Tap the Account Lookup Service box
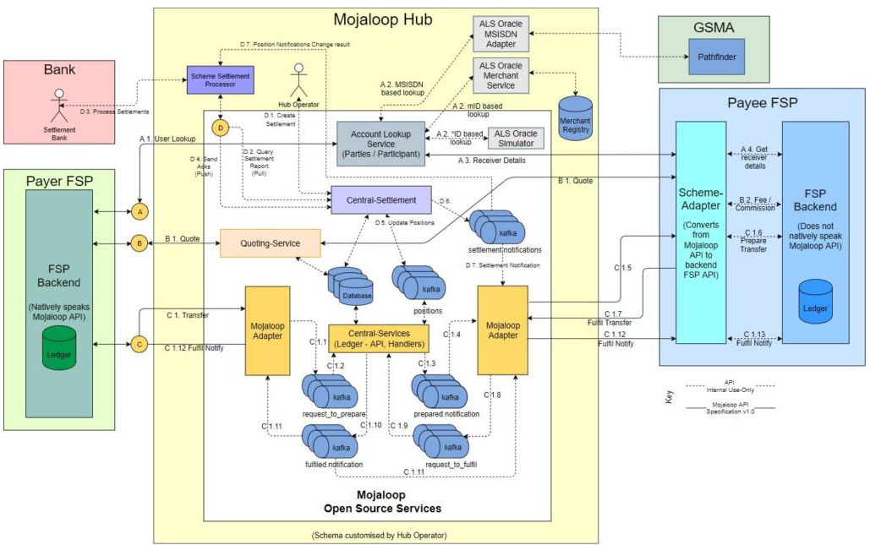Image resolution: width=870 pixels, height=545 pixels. point(380,144)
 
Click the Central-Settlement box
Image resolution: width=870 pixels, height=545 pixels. point(380,200)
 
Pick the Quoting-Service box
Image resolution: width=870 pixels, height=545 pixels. point(271,243)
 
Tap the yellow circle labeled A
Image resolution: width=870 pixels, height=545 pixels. point(137,210)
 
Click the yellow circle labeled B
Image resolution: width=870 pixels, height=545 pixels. point(137,243)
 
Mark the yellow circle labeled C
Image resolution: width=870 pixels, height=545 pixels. point(137,345)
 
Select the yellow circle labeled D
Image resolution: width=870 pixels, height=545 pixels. point(221,128)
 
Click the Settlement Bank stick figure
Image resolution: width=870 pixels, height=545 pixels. point(58,106)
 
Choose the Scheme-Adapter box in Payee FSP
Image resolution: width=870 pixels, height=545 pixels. point(701,232)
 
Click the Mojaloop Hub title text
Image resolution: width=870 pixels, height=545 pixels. point(376,19)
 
